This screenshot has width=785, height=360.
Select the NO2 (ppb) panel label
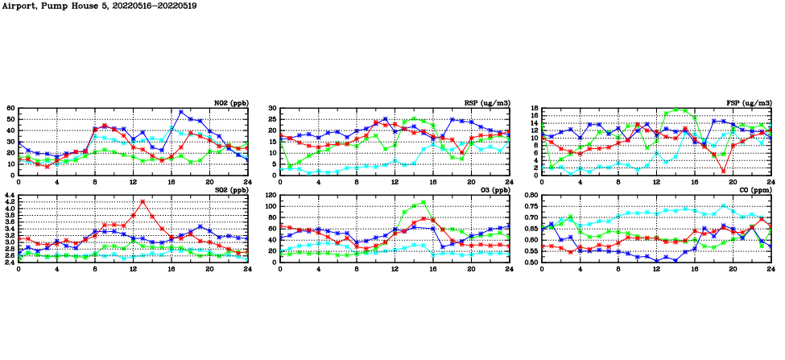(230, 102)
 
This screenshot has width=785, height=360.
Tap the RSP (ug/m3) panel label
(486, 102)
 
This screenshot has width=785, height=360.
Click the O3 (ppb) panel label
(493, 190)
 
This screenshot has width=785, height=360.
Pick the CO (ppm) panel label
(754, 190)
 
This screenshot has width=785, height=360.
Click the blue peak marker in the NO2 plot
(181, 112)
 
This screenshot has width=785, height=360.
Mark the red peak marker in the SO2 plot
(143, 201)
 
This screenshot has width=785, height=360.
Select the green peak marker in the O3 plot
(423, 202)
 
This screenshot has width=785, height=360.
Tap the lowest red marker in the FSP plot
(724, 171)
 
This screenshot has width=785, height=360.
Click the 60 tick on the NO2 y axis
(10, 108)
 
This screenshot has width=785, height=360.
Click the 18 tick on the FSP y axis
(534, 108)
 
